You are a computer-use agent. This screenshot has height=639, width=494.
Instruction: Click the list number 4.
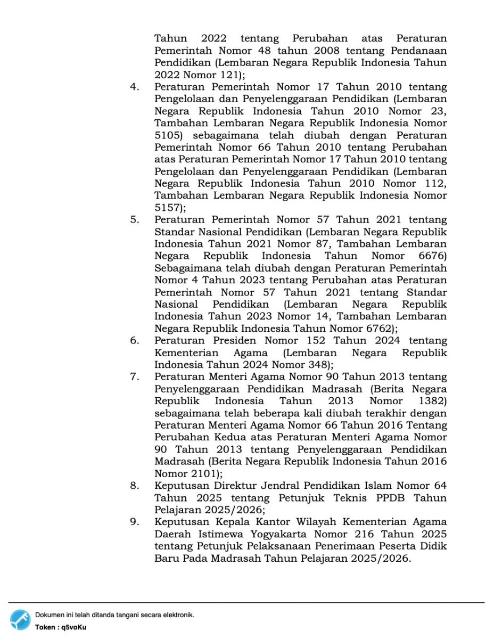(134, 87)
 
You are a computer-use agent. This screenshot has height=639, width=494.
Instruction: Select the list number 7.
(134, 377)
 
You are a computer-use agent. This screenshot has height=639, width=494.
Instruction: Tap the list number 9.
(134, 522)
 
